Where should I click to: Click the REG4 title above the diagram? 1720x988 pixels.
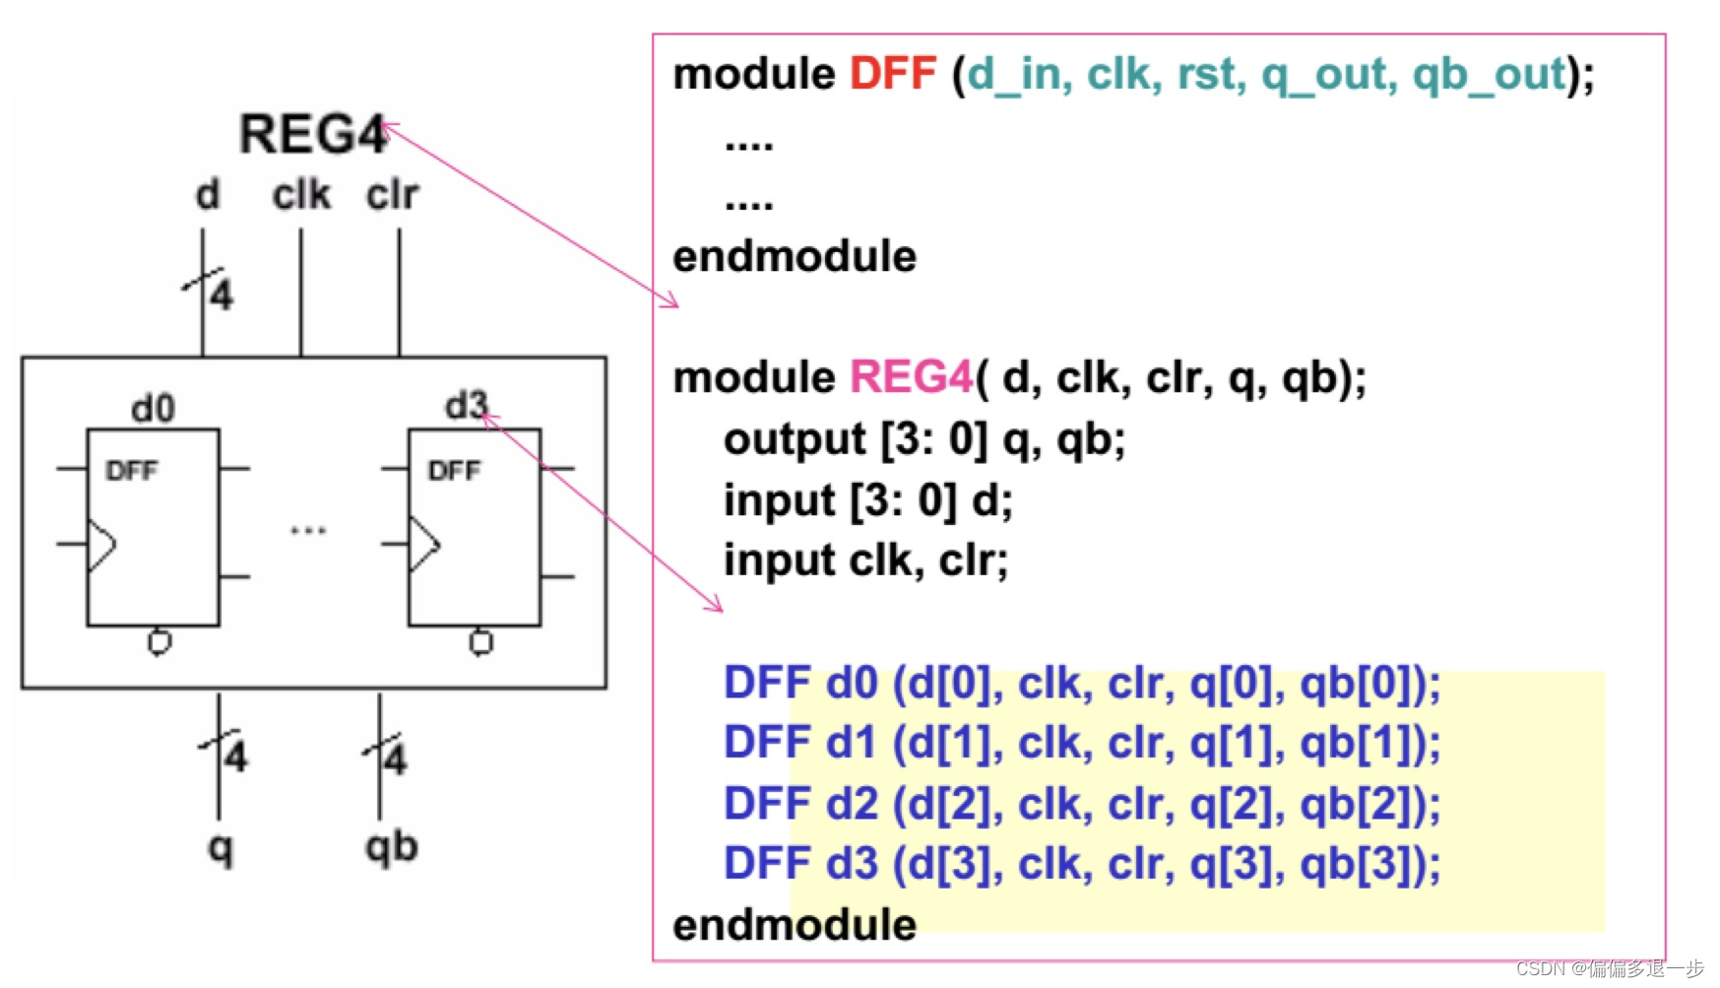(312, 134)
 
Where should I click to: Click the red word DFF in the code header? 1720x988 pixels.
(892, 74)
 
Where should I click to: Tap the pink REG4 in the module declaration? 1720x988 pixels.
(910, 377)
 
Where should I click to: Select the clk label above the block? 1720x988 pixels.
(301, 195)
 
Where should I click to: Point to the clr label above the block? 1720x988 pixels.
(392, 195)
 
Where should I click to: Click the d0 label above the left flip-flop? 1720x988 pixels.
(153, 408)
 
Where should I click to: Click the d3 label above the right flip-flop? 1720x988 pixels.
(465, 405)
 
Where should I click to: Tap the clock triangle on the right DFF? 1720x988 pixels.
(423, 545)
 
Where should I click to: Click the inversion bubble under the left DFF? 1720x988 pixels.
(159, 642)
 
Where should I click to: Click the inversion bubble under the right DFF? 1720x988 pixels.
(480, 642)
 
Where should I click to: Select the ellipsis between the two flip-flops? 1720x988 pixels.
(307, 531)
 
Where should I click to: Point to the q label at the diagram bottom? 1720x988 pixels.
(221, 848)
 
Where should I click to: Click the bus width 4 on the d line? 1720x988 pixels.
(222, 295)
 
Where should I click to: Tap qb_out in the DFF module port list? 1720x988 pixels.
(1488, 74)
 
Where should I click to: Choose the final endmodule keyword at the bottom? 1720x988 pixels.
(794, 925)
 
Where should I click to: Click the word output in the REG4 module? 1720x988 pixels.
(795, 439)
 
